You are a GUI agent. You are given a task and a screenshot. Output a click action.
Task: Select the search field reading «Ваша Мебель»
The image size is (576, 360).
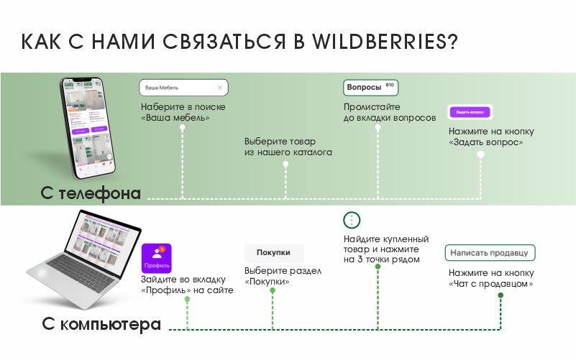(x=183, y=88)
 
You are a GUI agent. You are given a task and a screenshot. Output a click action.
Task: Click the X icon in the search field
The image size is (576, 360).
(x=220, y=88)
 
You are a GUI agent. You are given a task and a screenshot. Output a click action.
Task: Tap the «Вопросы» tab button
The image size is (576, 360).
(x=370, y=88)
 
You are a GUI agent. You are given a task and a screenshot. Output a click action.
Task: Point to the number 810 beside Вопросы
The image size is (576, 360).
(x=390, y=85)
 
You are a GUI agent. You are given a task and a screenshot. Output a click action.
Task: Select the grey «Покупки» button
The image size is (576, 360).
(x=273, y=253)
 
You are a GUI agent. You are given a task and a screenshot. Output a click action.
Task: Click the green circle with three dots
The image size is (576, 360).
(x=352, y=220)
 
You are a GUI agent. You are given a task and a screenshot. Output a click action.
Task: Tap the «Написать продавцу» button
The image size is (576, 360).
(x=490, y=253)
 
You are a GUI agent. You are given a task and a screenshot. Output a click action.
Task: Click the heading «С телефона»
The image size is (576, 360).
(x=91, y=193)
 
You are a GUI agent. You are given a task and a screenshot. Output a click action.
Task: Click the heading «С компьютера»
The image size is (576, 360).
(x=101, y=324)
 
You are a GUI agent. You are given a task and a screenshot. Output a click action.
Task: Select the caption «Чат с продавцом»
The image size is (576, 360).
(x=491, y=284)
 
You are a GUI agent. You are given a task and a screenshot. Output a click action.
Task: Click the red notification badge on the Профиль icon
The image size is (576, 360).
(x=163, y=249)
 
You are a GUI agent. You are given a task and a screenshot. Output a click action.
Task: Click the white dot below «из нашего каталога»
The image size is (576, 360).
(x=285, y=165)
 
